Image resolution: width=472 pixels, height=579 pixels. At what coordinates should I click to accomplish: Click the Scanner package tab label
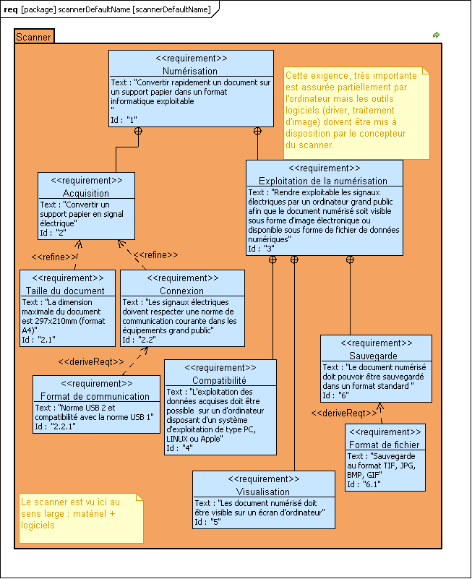click(x=33, y=37)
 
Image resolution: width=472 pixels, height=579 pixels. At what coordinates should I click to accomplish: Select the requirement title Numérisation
click(x=190, y=71)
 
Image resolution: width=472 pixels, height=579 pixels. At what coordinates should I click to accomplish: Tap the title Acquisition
click(x=86, y=193)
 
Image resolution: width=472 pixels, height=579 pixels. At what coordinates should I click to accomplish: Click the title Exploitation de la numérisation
click(x=323, y=181)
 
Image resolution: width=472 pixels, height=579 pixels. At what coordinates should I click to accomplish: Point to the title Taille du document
click(x=65, y=291)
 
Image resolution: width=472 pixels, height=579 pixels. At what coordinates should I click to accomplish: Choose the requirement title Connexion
click(x=181, y=291)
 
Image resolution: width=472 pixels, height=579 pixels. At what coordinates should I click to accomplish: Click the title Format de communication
click(x=95, y=396)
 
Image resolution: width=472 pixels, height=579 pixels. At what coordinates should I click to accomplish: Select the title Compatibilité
click(x=219, y=380)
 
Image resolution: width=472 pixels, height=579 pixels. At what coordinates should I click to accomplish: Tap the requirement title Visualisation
click(x=263, y=492)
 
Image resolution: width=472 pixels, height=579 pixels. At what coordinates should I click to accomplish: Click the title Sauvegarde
click(x=374, y=356)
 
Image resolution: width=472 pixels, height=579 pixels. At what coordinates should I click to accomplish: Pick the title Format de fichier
click(x=385, y=445)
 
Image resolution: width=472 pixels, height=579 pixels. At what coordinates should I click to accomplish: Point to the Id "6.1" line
click(x=364, y=484)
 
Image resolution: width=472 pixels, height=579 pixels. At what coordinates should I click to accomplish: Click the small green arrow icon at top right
click(x=436, y=35)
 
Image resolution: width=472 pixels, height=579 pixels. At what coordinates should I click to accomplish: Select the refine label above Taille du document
click(x=54, y=257)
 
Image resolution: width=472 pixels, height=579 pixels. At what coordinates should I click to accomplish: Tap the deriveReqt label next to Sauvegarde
click(x=344, y=413)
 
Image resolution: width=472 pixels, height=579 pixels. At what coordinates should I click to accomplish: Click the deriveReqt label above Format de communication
click(x=91, y=362)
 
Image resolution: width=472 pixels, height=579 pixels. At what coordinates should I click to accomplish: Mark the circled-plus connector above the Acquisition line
click(x=138, y=131)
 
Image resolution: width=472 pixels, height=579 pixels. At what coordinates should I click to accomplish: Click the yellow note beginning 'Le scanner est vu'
click(x=81, y=518)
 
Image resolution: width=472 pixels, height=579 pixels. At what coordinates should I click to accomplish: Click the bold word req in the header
click(x=10, y=9)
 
